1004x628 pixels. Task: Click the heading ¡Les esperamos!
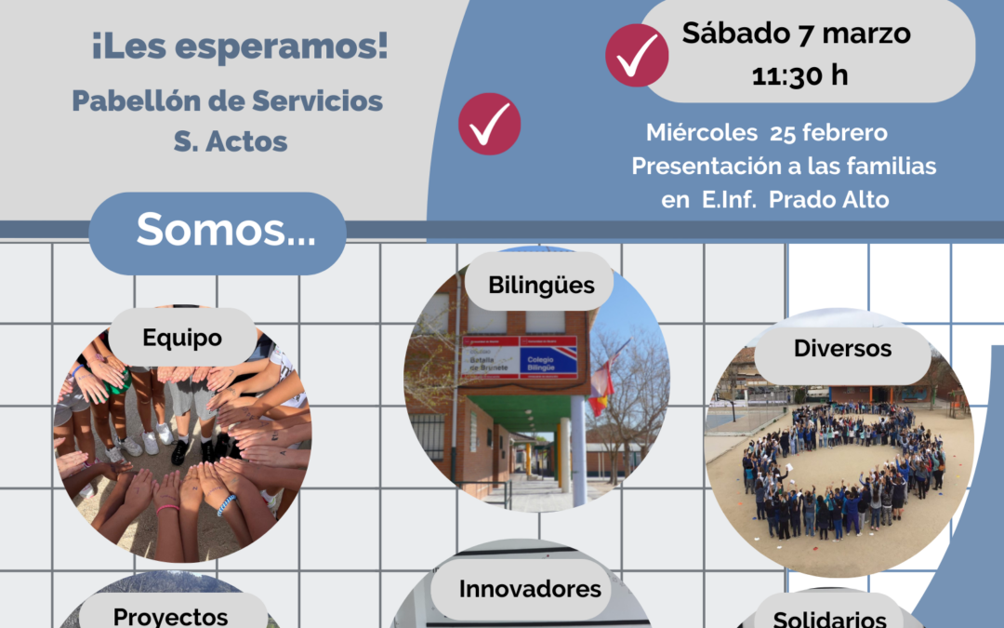(239, 47)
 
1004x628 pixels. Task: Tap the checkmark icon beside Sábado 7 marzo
(637, 56)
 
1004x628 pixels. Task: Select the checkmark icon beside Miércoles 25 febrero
(490, 124)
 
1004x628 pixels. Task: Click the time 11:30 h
(799, 74)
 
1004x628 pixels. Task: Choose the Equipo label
(182, 338)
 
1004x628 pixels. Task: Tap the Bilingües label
(542, 285)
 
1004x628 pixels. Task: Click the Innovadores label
(530, 589)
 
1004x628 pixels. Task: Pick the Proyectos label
(170, 616)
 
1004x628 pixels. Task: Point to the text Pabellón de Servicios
(228, 100)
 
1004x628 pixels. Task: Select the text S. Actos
(230, 142)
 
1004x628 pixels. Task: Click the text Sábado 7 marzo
(796, 33)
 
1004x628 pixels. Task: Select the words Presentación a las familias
(784, 167)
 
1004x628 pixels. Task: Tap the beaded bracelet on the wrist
(226, 504)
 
